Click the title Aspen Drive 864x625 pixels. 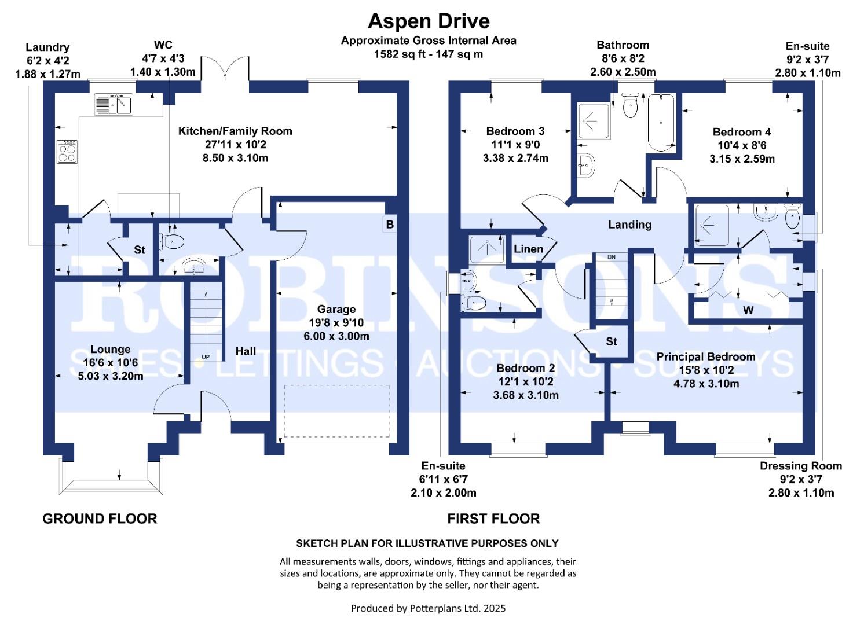coord(429,21)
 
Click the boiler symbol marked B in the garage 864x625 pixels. coord(390,224)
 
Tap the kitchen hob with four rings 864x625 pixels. coord(67,152)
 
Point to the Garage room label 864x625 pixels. coord(336,310)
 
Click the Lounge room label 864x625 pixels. coord(110,350)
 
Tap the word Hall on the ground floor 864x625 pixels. coord(246,351)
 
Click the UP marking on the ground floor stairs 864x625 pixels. coord(206,357)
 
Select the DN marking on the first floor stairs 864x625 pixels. coord(612,256)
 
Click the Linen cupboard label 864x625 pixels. coord(528,249)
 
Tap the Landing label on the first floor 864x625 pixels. coord(629,225)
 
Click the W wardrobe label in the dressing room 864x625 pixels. coord(748,311)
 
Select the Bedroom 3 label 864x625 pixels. coord(515,131)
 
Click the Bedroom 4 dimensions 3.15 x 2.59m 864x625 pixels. coord(742,159)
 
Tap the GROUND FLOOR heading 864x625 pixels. coord(100,519)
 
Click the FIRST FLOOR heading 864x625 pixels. coord(493,519)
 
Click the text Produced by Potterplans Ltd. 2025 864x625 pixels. coord(428,608)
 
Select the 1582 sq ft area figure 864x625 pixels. coord(400,54)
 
